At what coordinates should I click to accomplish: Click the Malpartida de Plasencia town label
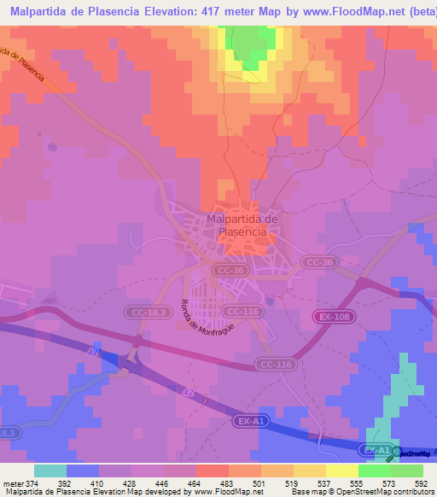[x=242, y=225]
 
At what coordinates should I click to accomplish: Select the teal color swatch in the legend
[x=50, y=471]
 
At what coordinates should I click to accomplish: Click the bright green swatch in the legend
[x=374, y=471]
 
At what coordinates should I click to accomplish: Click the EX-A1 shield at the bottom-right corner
[x=376, y=448]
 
